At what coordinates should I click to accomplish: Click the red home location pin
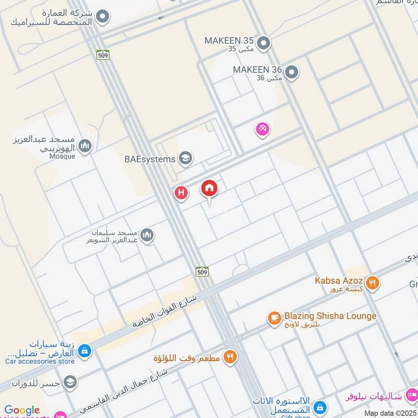[x=210, y=189]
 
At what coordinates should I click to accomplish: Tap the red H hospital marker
[x=181, y=193]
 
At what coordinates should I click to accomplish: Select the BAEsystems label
[x=149, y=159]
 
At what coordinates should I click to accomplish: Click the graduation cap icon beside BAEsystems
[x=185, y=158]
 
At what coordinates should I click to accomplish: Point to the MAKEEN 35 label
[x=229, y=40]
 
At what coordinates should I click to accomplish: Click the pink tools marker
[x=262, y=129]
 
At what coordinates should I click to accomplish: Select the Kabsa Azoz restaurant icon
[x=373, y=283]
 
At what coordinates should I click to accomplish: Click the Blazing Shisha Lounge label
[x=330, y=316]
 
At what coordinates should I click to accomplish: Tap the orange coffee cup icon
[x=274, y=318]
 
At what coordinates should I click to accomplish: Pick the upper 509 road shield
[x=102, y=54]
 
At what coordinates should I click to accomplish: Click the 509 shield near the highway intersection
[x=202, y=271]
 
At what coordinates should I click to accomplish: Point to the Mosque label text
[x=63, y=156]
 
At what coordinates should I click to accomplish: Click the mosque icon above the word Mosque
[x=85, y=146]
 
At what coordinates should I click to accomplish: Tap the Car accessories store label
[x=40, y=361]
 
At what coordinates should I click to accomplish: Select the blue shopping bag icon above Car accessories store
[x=85, y=351]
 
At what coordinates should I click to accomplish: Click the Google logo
[x=22, y=410]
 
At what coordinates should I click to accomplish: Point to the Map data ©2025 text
[x=390, y=413]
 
